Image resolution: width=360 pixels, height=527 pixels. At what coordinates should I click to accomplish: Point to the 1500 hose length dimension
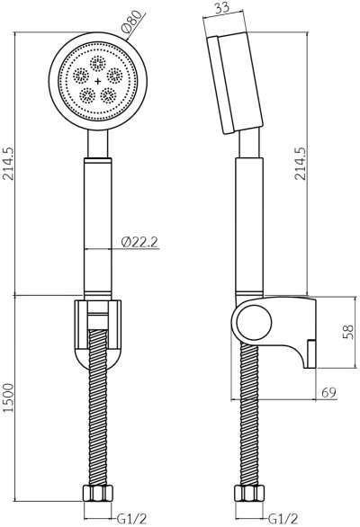click(x=8, y=408)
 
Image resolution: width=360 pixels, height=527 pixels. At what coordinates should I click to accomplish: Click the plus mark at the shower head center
click(x=97, y=82)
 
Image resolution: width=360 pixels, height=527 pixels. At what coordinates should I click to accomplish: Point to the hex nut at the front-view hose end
click(x=97, y=494)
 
